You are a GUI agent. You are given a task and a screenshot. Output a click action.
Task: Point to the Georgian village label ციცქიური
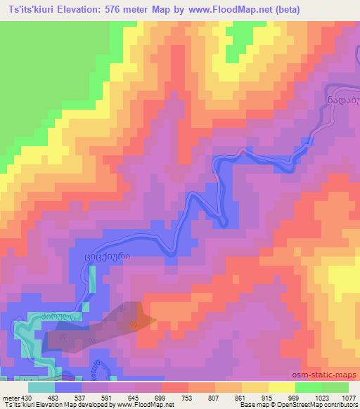click(113, 257)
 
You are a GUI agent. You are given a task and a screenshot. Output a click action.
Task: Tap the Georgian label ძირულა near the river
click(58, 318)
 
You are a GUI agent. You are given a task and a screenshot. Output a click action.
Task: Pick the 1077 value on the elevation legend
click(347, 398)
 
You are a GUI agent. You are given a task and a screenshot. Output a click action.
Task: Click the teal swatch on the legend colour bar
click(41, 387)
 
